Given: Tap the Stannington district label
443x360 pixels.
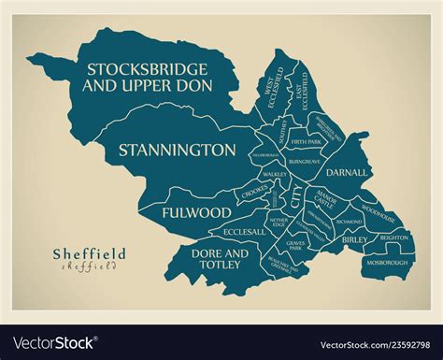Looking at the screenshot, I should tap(176, 149).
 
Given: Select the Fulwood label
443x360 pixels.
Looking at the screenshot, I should tap(195, 212).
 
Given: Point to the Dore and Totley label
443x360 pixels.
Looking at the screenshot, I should tap(220, 259).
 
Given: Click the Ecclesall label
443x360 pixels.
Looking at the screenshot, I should tap(245, 231).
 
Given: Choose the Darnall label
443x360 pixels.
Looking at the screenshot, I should tap(348, 173).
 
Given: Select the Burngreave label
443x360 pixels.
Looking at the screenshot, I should tap(306, 161).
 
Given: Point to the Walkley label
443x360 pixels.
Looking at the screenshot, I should tap(275, 174).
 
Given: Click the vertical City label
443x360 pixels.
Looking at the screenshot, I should tap(296, 197).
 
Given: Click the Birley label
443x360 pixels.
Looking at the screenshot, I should tap(354, 239).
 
